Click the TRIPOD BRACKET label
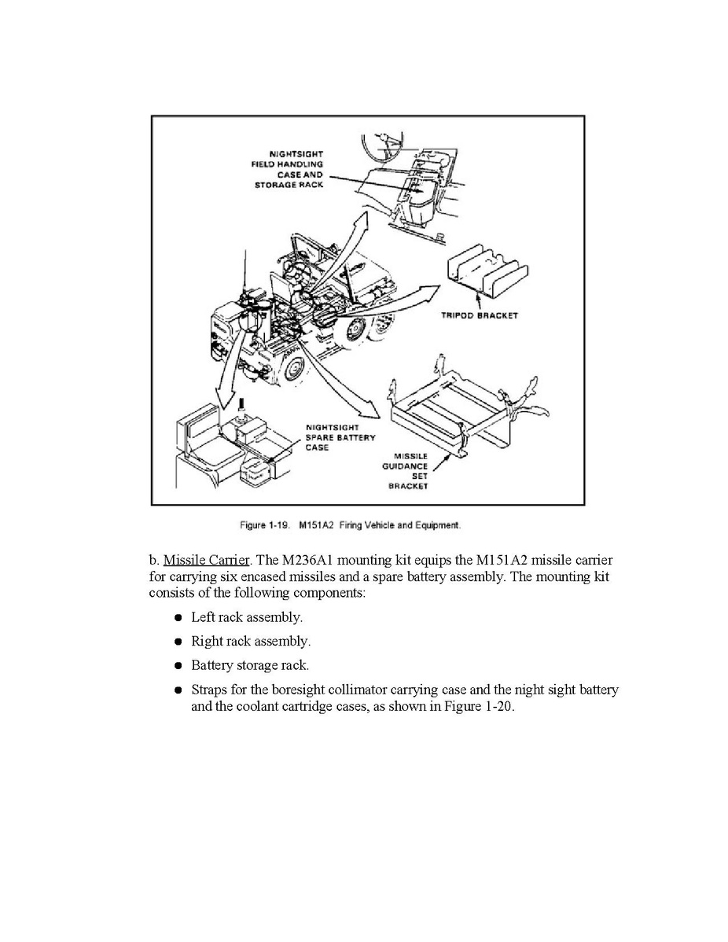click(480, 316)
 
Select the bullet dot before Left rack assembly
click(178, 619)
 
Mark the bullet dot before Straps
click(178, 690)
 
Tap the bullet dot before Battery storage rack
click(178, 666)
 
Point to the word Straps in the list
click(208, 690)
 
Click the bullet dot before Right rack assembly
click(178, 642)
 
